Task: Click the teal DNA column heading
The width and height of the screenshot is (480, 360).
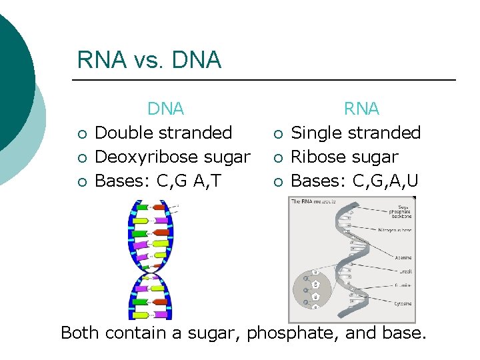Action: [165, 109]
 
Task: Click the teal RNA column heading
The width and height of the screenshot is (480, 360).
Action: [361, 109]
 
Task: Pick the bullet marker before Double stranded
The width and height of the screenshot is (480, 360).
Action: [81, 134]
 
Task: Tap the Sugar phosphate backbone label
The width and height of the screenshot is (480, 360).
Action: [399, 212]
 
